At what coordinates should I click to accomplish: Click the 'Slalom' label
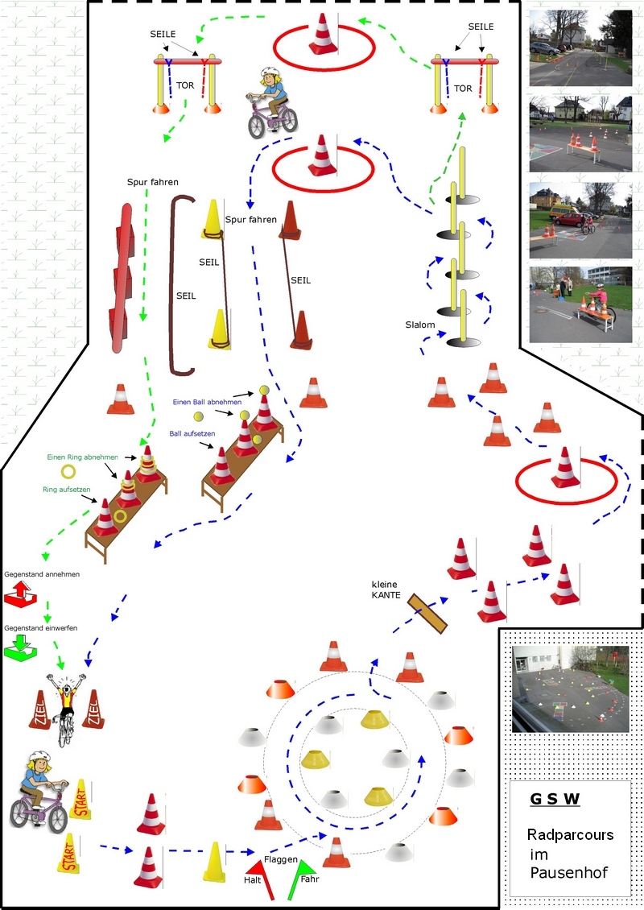pyautogui.click(x=420, y=325)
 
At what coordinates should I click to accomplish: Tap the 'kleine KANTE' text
pyautogui.click(x=386, y=589)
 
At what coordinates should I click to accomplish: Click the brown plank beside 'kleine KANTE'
pyautogui.click(x=427, y=614)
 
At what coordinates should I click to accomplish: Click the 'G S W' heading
pyautogui.click(x=555, y=799)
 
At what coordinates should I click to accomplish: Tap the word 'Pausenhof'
pyautogui.click(x=569, y=872)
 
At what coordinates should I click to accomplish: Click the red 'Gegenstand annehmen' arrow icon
pyautogui.click(x=20, y=595)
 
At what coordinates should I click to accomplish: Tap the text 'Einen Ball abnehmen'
pyautogui.click(x=207, y=402)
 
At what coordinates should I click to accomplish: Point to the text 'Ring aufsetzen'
pyautogui.click(x=66, y=490)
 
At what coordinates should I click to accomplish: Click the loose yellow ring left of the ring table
pyautogui.click(x=68, y=472)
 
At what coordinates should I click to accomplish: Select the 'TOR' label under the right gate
pyautogui.click(x=463, y=89)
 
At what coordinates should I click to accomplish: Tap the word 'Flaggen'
pyautogui.click(x=281, y=859)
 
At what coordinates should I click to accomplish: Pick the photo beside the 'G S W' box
pyautogui.click(x=570, y=689)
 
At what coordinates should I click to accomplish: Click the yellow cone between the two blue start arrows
pyautogui.click(x=214, y=862)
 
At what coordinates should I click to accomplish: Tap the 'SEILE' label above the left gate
pyautogui.click(x=163, y=35)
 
